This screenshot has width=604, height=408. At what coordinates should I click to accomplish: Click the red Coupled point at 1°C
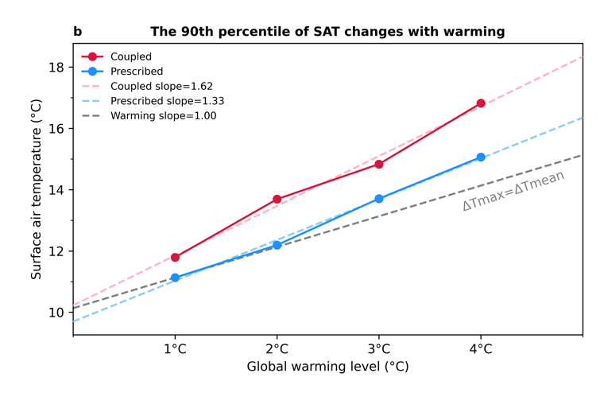175,258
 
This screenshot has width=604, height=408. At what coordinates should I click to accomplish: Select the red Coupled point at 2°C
277,199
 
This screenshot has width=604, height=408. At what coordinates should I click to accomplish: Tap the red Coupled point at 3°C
379,164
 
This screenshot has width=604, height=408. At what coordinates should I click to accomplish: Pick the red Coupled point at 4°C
481,103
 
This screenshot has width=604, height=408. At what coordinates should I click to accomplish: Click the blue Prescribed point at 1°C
175,278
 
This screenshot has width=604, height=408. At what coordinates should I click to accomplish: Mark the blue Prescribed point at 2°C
277,245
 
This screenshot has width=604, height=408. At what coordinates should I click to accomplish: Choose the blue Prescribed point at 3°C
379,199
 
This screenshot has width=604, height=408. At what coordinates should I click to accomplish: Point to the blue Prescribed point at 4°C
481,157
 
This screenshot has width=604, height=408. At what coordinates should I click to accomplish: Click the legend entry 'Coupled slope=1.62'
161,86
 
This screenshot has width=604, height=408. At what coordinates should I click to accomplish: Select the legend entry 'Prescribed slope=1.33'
167,101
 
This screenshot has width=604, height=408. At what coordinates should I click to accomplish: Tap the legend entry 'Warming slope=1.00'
163,115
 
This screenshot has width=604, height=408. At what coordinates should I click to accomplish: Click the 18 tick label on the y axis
56,67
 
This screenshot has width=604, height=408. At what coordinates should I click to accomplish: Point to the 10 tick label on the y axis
56,313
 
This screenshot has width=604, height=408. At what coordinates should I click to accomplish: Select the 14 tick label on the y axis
56,190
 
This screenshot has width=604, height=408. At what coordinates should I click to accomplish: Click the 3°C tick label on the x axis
379,349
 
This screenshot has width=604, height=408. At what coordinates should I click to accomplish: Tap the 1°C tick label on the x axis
175,349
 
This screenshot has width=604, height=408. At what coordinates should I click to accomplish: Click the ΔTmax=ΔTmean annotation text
513,190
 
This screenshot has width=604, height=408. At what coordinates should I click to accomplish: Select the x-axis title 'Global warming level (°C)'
327,367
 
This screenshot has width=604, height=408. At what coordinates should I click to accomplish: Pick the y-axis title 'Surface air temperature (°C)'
37,189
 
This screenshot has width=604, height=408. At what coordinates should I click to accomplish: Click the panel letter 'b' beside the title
77,32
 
